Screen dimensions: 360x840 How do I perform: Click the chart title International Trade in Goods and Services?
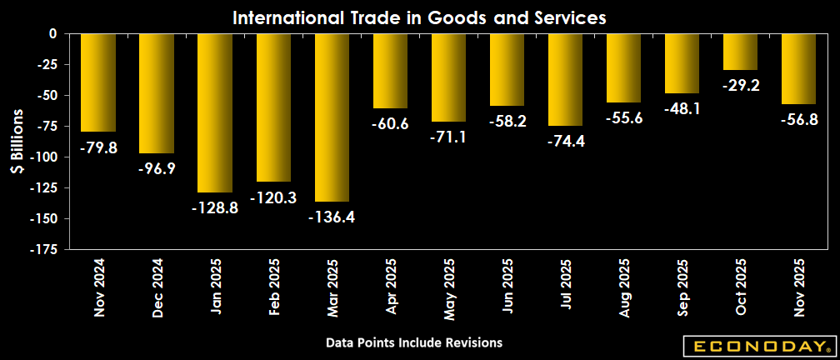pos(419,17)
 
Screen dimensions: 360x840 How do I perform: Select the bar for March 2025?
pos(332,117)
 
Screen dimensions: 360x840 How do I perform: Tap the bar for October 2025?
pos(740,52)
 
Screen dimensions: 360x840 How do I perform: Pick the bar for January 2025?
pos(215,112)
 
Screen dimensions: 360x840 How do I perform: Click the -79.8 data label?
pos(97,147)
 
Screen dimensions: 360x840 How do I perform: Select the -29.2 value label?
pos(740,85)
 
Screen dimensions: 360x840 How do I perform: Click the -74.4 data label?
pos(565,141)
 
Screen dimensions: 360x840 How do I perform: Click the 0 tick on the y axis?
pos(51,34)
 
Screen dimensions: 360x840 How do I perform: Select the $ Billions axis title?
pos(16,142)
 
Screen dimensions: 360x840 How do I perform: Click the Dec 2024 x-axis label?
pos(157,288)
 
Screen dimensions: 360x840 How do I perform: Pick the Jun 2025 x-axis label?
pos(507,288)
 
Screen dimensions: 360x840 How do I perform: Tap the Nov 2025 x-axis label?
pos(799,288)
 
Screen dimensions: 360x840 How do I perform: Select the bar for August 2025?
pos(623,68)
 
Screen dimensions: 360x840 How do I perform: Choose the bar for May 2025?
pos(448,77)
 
